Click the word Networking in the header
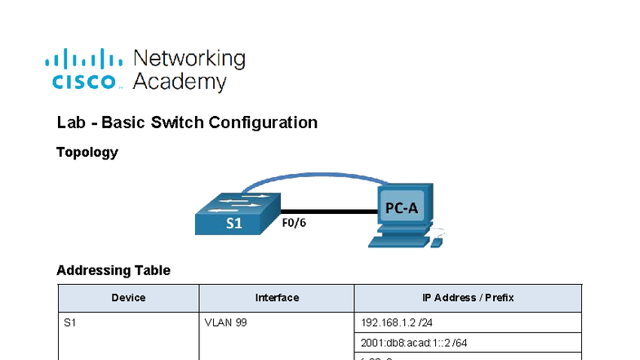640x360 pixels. pyautogui.click(x=189, y=59)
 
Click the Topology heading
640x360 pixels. pyautogui.click(x=87, y=152)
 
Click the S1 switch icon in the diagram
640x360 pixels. pyautogui.click(x=238, y=215)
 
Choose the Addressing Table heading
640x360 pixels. pyautogui.click(x=113, y=270)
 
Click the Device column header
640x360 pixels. pyautogui.click(x=128, y=298)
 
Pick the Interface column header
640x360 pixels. pyautogui.click(x=277, y=298)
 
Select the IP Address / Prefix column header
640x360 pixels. pyautogui.click(x=468, y=298)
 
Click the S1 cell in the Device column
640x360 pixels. pyautogui.click(x=69, y=322)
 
